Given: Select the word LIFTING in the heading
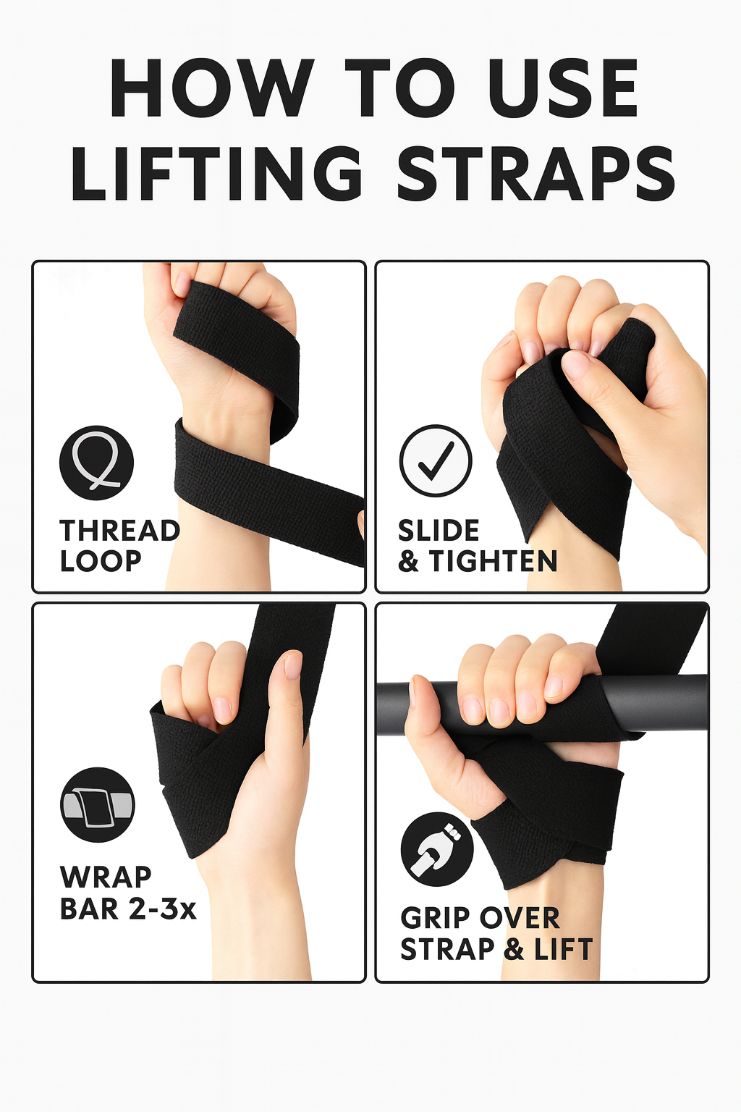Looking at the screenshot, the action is click(217, 173).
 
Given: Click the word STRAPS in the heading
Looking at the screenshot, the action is click(535, 173).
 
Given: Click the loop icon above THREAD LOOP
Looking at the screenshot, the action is click(97, 462).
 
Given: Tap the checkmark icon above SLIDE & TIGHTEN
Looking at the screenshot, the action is click(436, 460).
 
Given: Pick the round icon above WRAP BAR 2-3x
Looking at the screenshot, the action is click(98, 804).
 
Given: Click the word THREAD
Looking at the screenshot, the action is click(119, 531).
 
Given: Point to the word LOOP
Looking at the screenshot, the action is click(101, 561).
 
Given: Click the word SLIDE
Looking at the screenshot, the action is click(439, 531).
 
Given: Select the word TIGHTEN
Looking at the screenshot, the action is click(493, 561).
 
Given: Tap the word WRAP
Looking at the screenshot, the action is click(105, 877).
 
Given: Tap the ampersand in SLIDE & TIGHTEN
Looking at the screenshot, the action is click(409, 561).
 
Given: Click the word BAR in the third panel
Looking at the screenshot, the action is click(90, 908).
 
